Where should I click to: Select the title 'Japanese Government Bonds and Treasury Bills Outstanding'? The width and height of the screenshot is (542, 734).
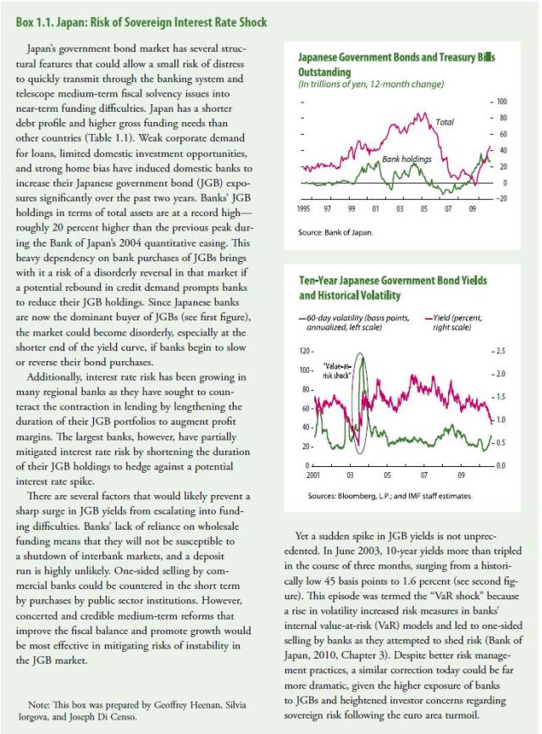396,65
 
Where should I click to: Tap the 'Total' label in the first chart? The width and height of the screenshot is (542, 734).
445,122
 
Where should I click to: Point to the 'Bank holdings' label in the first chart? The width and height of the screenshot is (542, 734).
406,158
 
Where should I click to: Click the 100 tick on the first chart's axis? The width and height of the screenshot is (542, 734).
499,101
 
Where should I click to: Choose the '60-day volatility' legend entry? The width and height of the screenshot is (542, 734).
339,320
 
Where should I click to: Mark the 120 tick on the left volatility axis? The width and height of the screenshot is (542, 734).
307,350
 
